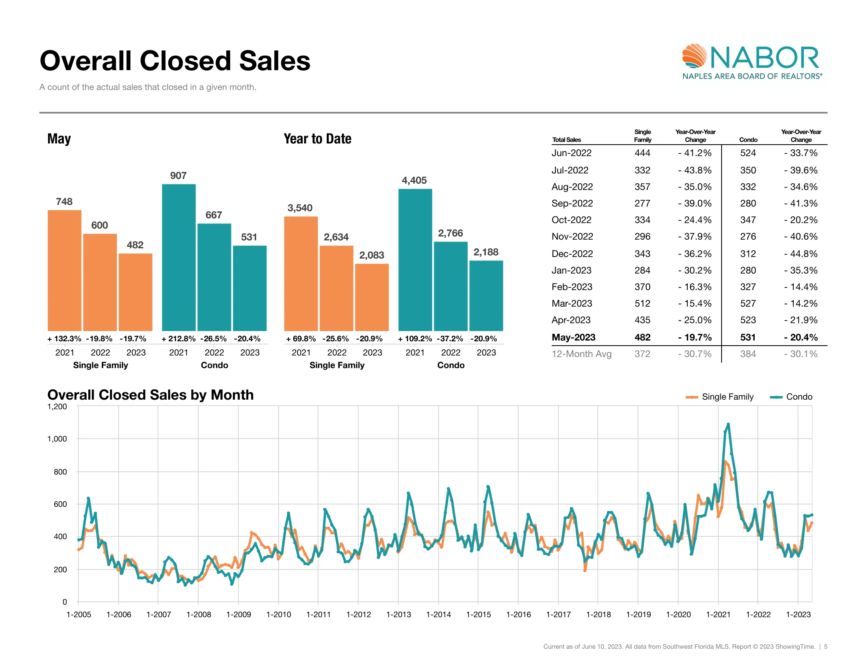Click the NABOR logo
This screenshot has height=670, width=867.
(752, 62)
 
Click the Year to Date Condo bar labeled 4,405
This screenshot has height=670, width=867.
(415, 260)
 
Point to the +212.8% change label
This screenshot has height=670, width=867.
(178, 339)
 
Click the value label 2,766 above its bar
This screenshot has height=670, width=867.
(450, 233)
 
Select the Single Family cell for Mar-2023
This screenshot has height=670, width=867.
(642, 303)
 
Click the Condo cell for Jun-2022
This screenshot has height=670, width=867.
(748, 153)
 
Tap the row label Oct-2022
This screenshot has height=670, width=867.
(571, 220)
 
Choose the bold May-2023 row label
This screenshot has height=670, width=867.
(573, 337)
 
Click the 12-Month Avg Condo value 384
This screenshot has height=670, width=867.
(748, 354)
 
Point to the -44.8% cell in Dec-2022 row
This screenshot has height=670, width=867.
(800, 254)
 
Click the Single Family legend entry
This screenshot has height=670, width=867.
(719, 397)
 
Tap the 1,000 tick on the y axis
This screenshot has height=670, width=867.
(57, 439)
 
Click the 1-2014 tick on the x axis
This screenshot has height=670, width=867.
(438, 614)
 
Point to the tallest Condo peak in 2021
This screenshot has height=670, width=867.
(728, 424)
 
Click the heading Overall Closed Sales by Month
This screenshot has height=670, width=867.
(151, 395)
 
